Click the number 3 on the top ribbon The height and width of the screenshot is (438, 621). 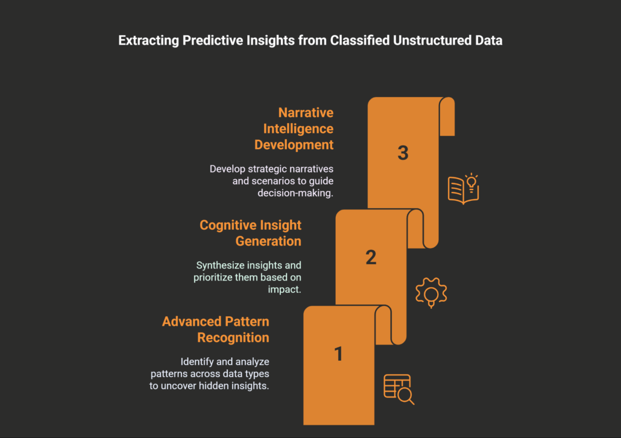pyautogui.click(x=403, y=153)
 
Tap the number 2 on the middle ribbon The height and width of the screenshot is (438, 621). pyautogui.click(x=371, y=258)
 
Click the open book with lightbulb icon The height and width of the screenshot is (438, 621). pyautogui.click(x=463, y=188)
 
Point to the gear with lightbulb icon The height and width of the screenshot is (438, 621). pyautogui.click(x=431, y=292)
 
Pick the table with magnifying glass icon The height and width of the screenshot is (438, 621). pyautogui.click(x=399, y=389)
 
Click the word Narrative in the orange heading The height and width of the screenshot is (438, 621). pyautogui.click(x=306, y=113)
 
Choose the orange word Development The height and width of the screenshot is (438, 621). pyautogui.click(x=294, y=145)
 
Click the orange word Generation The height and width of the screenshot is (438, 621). pyautogui.click(x=268, y=241)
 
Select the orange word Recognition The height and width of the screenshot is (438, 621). pyautogui.click(x=233, y=337)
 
